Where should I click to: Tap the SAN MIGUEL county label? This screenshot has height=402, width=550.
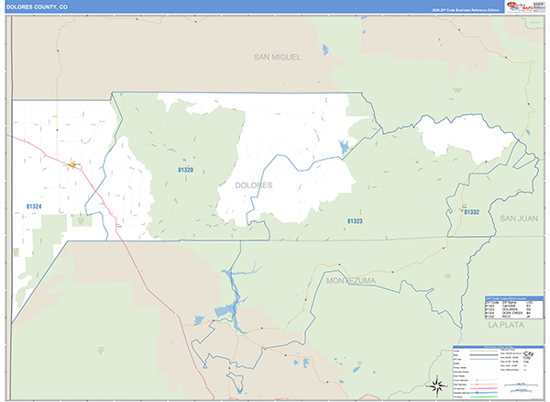pos(278,57)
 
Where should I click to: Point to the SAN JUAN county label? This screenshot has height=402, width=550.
pos(519,218)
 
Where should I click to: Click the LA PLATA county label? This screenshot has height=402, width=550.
pos(504,325)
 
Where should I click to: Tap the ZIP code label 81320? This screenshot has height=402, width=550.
pos(185,170)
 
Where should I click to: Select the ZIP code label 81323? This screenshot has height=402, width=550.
pos(355,221)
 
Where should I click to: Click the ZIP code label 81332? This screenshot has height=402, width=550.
pos(471,212)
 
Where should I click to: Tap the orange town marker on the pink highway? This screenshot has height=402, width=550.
pos(72,165)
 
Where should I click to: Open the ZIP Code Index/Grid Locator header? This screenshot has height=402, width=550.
pos(513,297)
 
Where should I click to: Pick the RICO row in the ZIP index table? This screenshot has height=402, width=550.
pos(513,318)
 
